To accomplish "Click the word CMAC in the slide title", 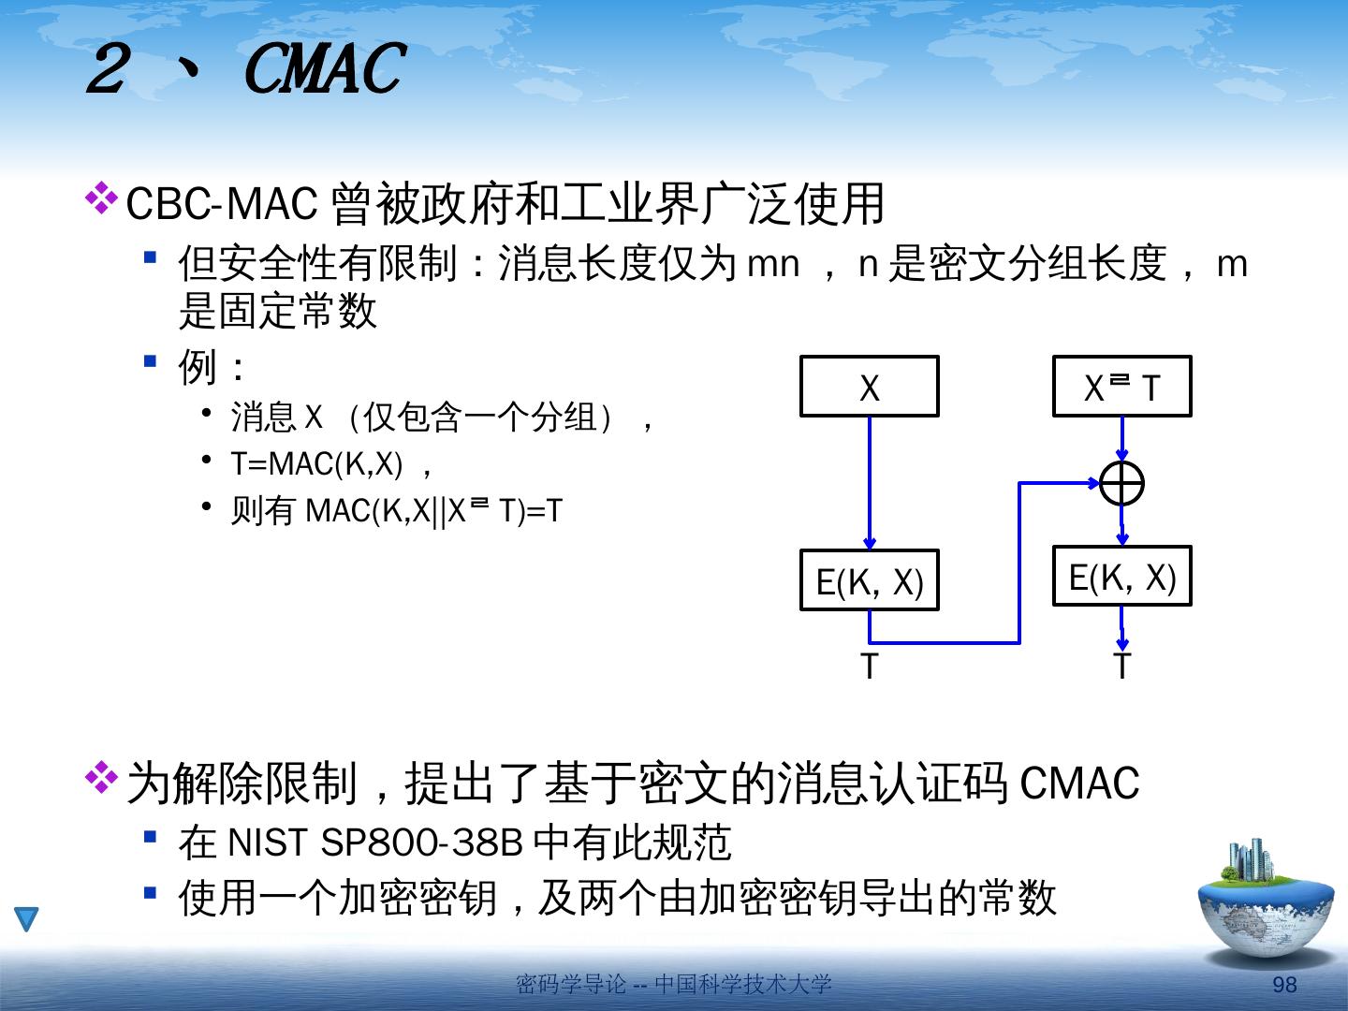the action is (323, 70).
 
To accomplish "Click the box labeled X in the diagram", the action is (869, 387).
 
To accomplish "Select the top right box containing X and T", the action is (1121, 387).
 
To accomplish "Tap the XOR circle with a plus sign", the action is (1121, 484).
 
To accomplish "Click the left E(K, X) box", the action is (869, 580).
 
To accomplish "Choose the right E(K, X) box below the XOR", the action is (1121, 577).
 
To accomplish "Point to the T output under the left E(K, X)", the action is (869, 667).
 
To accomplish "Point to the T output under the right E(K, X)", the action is (1121, 666).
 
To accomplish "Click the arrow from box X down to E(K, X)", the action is (870, 482).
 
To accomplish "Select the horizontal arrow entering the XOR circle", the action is (1058, 483).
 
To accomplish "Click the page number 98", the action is (1284, 984).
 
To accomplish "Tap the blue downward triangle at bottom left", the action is (26, 918).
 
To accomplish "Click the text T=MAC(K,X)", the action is (316, 463).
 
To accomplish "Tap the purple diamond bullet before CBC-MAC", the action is (100, 198).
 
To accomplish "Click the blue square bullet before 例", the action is (150, 360).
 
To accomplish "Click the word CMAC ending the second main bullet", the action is (1078, 784).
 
